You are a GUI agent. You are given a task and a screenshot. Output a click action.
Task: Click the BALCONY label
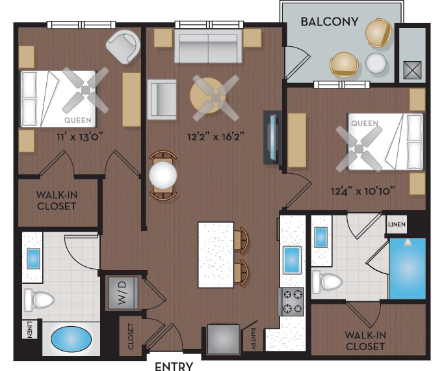pyautogui.click(x=330, y=21)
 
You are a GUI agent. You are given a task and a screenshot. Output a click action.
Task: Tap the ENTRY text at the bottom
pyautogui.click(x=174, y=366)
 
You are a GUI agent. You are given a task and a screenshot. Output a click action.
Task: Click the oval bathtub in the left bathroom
pyautogui.click(x=68, y=340)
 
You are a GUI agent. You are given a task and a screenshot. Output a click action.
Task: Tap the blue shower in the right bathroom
pyautogui.click(x=407, y=268)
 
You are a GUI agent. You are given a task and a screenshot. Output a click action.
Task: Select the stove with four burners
pyautogui.click(x=291, y=301)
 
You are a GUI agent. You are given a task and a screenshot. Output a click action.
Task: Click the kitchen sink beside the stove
pyautogui.click(x=292, y=260)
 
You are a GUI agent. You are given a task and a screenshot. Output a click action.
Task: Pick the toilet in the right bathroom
pyautogui.click(x=328, y=282)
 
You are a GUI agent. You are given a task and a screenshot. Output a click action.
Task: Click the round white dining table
pyautogui.click(x=163, y=175)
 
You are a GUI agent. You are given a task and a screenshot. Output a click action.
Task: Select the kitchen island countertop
pyautogui.click(x=216, y=254)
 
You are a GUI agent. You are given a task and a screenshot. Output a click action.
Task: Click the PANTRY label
pyautogui.click(x=253, y=337)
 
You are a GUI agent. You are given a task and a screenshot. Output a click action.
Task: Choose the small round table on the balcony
pyautogui.click(x=376, y=64)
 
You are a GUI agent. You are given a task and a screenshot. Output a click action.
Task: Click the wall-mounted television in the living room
pyautogui.click(x=271, y=138)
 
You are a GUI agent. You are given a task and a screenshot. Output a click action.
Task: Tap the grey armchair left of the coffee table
pyautogui.click(x=161, y=98)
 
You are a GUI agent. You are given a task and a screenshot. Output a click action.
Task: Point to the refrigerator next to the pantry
pyautogui.click(x=223, y=339)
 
